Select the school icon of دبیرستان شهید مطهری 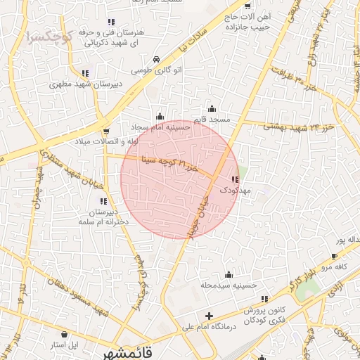85,72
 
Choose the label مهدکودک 233,191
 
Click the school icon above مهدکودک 233,179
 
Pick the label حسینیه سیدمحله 227,285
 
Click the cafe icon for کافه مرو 334,257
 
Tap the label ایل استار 65,346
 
